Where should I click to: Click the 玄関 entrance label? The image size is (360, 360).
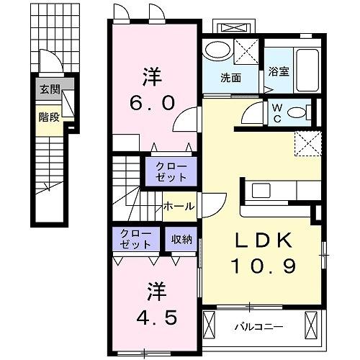(x=50, y=90)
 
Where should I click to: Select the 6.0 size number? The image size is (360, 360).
(x=152, y=104)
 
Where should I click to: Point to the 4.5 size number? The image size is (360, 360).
(x=156, y=317)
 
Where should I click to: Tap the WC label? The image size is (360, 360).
(x=276, y=114)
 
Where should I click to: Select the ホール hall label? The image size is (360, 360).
(x=178, y=207)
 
